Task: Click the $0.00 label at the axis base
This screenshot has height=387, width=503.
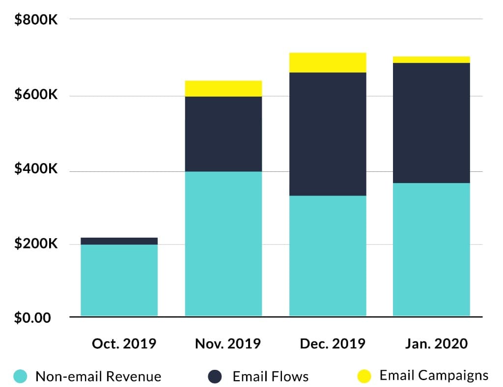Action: (32, 318)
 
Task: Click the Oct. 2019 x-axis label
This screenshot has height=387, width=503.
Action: (124, 343)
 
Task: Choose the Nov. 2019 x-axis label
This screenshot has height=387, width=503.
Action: (228, 343)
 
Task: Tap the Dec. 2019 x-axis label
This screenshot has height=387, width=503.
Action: (333, 343)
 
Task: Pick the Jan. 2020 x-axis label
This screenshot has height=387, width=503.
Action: (436, 343)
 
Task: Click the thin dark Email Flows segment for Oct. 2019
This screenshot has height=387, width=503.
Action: (119, 241)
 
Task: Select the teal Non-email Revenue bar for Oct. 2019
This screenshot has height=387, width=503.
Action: (119, 280)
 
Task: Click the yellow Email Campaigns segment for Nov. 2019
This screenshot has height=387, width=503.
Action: (223, 88)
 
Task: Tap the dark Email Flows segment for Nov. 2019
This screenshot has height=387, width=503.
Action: (223, 134)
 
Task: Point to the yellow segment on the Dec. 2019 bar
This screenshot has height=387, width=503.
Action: (328, 62)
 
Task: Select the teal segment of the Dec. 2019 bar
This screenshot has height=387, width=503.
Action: (328, 255)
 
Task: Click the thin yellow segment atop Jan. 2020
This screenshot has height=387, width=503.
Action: (431, 59)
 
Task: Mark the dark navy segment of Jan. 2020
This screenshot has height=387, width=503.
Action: (431, 123)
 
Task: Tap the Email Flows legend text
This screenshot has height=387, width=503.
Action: (271, 377)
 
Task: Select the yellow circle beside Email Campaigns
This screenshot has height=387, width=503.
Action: (364, 376)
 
